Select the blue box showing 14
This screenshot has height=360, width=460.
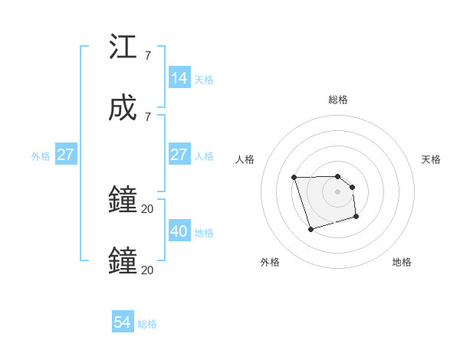(x=179, y=77)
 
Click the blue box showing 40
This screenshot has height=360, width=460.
(x=179, y=231)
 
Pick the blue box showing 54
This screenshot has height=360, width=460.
(x=123, y=322)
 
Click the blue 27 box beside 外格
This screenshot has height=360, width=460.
(x=65, y=155)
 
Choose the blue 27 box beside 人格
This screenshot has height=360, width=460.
(x=179, y=155)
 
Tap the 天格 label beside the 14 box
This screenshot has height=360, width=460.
(x=204, y=79)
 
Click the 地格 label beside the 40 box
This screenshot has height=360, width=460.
(x=204, y=232)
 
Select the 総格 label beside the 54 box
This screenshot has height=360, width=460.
(x=147, y=324)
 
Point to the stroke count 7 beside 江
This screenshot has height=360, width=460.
(x=147, y=56)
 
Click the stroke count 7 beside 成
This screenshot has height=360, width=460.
(x=147, y=116)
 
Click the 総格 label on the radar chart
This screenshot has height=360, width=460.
(x=338, y=100)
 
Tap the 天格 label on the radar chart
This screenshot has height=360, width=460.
(x=432, y=159)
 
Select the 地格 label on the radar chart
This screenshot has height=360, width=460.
(x=402, y=262)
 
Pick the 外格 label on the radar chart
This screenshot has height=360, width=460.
(x=270, y=262)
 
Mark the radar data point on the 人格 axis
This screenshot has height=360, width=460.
(x=294, y=178)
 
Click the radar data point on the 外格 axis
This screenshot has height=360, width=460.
(x=310, y=229)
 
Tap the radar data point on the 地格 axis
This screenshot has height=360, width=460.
(x=356, y=218)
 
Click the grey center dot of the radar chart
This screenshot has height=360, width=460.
(x=338, y=191)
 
